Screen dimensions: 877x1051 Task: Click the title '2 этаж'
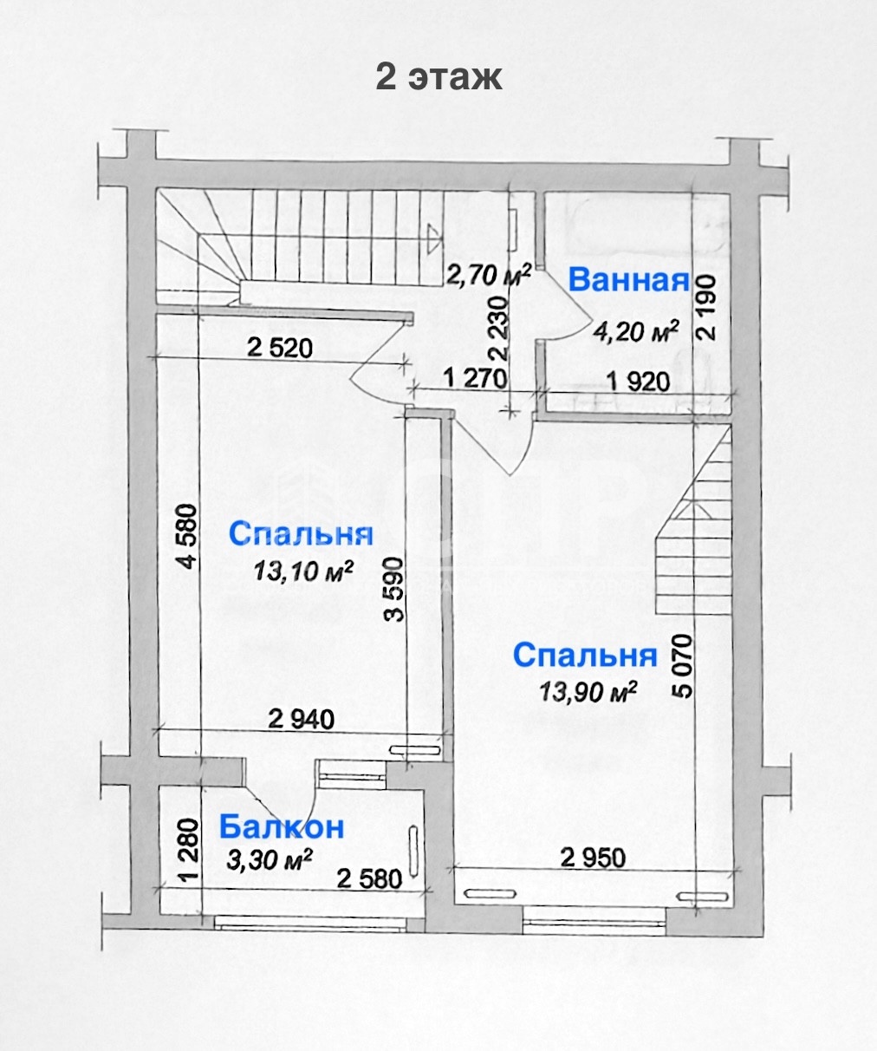438,77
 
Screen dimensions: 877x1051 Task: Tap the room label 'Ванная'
628,280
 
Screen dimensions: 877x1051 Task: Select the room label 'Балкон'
282,827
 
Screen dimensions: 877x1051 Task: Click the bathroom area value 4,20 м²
636,330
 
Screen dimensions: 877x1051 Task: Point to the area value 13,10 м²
303,571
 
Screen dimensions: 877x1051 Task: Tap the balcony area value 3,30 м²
270,860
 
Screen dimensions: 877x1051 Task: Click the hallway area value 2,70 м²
489,275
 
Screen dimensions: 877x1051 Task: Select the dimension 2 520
280,349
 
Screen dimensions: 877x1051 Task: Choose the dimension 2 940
302,720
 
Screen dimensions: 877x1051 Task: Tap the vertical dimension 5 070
683,667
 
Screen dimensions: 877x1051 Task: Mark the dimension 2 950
594,858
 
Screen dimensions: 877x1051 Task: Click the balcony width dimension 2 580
369,880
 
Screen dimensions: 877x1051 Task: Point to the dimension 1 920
639,382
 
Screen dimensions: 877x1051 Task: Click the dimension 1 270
475,378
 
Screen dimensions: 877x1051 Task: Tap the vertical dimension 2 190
705,307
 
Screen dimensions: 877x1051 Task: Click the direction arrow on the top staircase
432,238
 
